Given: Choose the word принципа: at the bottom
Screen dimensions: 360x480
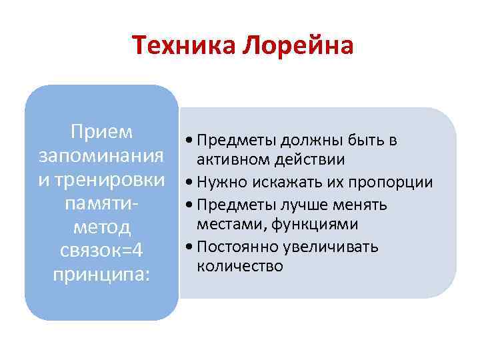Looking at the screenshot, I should pos(102,274).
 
